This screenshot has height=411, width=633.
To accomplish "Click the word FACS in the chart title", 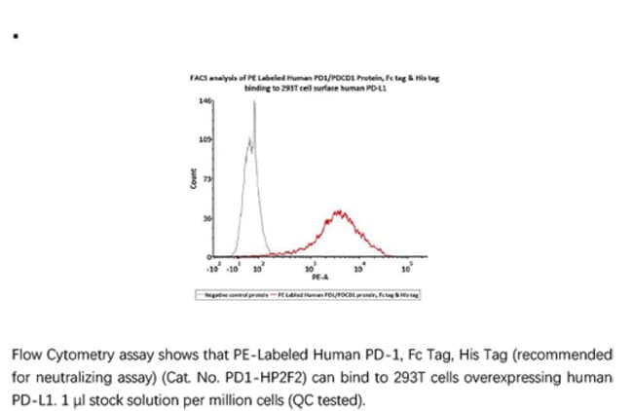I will click(197, 77).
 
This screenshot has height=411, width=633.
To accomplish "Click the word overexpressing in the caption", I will click(530, 375).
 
